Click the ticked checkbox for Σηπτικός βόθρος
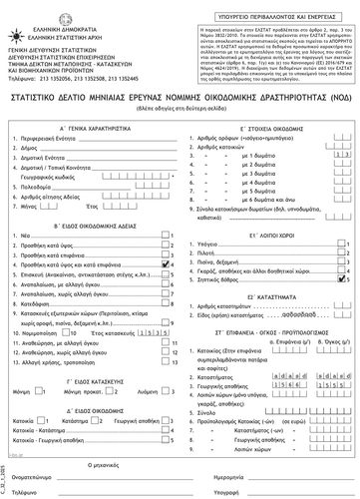(344, 282)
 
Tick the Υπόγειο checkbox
(344, 245)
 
